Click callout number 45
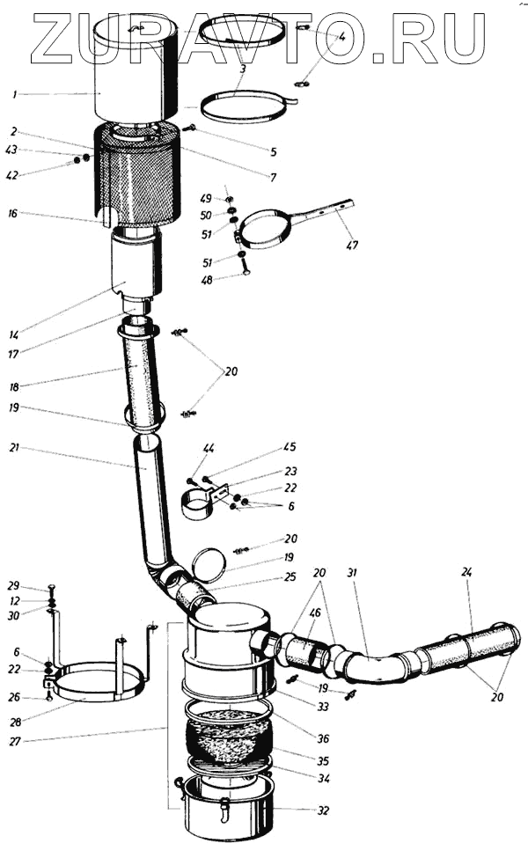click(290, 446)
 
